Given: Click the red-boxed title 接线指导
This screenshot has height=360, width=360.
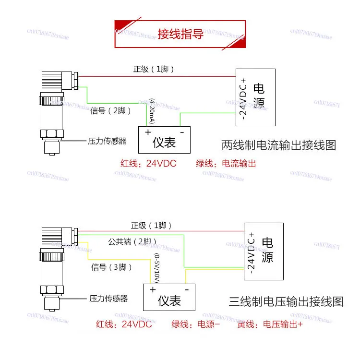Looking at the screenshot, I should [180, 34].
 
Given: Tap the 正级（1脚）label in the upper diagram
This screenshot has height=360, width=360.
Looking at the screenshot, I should [154, 69].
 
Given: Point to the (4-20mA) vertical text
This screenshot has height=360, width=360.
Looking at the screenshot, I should [152, 111].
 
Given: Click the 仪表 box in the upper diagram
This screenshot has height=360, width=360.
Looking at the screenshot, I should [164, 139].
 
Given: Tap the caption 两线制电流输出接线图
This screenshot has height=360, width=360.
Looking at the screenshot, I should [278, 145].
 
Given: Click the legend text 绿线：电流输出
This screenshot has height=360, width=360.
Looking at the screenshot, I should [226, 164].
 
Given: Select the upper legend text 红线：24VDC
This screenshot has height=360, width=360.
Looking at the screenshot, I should [148, 164].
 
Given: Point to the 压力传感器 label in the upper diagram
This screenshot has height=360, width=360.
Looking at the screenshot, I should [107, 141].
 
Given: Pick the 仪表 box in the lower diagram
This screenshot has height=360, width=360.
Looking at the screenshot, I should [169, 297].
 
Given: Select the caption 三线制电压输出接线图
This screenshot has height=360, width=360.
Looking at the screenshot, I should [286, 301].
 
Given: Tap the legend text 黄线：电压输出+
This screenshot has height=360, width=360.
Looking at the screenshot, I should [270, 325].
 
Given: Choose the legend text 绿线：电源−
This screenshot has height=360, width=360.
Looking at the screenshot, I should [196, 325].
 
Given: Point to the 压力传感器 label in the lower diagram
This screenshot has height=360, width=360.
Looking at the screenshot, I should [108, 299].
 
